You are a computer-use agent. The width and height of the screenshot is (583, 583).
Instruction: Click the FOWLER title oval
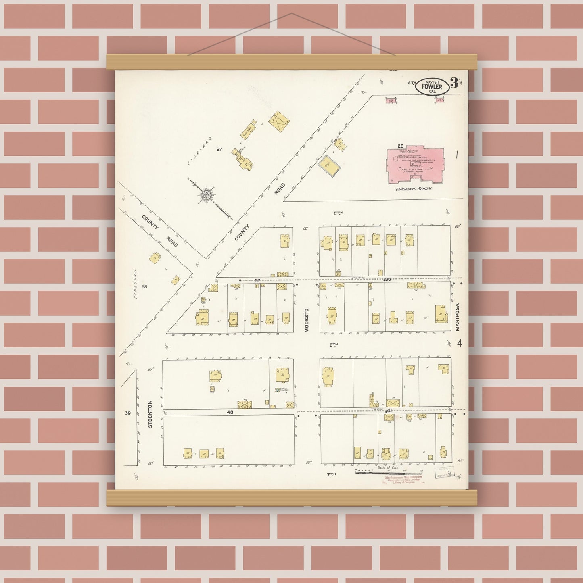[432, 86]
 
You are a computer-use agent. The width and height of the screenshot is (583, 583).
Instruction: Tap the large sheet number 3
[453, 83]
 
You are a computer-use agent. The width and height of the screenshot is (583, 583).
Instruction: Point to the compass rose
[207, 196]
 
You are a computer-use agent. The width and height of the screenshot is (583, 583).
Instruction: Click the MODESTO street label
[307, 320]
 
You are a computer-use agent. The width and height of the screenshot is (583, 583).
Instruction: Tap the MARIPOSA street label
[458, 318]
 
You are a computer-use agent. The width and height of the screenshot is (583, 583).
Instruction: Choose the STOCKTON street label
[150, 414]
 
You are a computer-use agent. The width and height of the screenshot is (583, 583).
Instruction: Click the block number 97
[219, 149]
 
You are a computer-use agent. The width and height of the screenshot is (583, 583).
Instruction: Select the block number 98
[145, 286]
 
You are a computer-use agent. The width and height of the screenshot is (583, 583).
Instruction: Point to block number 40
[230, 412]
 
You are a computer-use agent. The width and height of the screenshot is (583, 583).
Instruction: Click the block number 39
[127, 413]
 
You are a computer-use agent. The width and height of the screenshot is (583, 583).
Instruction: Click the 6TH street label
[333, 345]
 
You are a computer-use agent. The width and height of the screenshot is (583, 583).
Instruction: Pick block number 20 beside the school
[400, 146]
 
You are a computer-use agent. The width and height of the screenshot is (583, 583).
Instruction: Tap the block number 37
[257, 280]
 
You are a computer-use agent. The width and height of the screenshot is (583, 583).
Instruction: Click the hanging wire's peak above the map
[292, 13]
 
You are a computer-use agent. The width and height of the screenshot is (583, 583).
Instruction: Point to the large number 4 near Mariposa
[459, 343]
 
